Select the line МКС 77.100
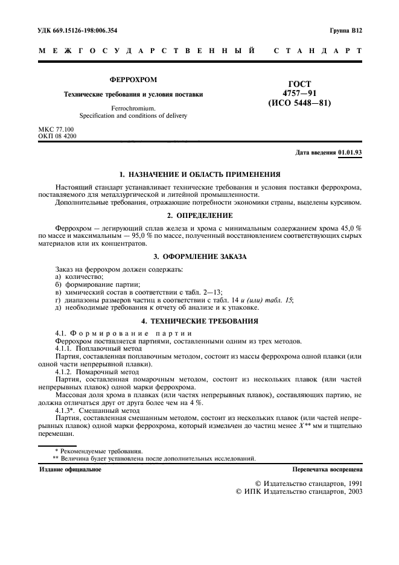[56, 129]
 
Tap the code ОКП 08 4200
[57, 136]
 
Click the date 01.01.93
[350, 153]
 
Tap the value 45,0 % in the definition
[347, 227]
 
